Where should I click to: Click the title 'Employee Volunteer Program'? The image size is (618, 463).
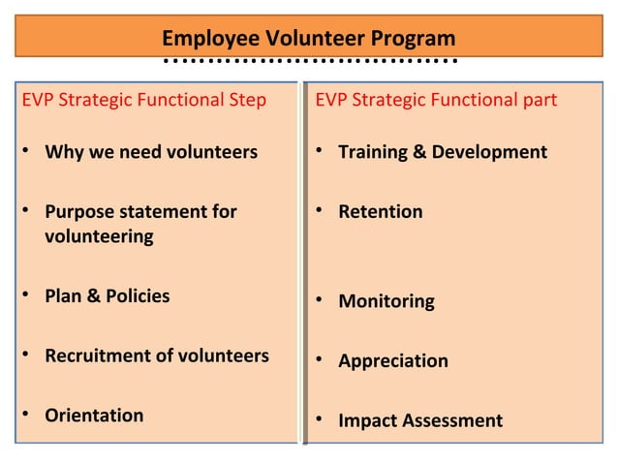click(308, 39)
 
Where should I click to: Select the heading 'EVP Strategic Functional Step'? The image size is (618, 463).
click(143, 100)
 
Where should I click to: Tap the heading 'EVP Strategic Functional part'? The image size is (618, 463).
click(436, 100)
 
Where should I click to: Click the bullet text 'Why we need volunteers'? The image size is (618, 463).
click(151, 152)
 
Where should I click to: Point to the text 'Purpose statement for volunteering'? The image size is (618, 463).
click(140, 224)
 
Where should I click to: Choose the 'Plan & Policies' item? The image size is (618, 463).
click(107, 296)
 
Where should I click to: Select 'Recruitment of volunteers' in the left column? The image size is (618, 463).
click(157, 355)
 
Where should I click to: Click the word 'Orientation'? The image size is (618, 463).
click(94, 416)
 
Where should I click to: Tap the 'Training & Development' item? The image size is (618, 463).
click(442, 152)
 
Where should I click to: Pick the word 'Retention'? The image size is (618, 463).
click(380, 211)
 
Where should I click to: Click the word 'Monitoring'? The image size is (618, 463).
click(386, 301)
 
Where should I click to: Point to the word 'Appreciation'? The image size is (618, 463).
click(392, 361)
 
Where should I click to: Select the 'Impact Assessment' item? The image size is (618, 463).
click(419, 420)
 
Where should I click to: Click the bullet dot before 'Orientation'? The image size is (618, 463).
click(26, 416)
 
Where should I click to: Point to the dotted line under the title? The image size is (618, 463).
click(308, 61)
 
